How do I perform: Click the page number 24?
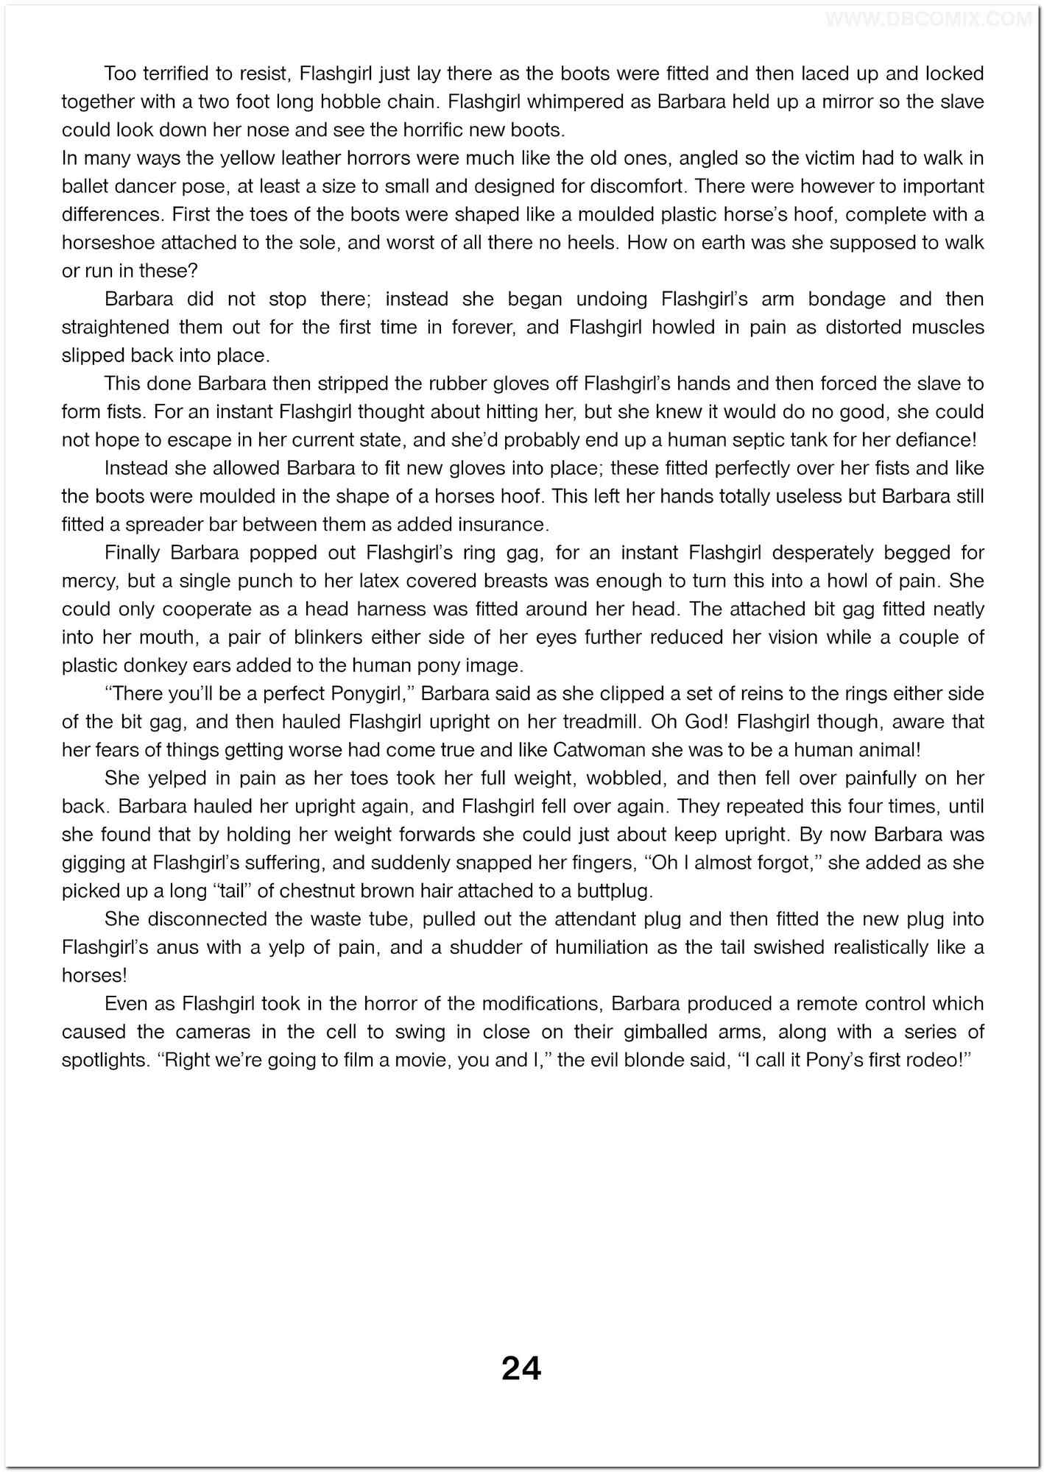click(521, 1368)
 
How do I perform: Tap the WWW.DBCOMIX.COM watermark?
click(928, 20)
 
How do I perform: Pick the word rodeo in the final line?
click(941, 1061)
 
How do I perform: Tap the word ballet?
click(84, 186)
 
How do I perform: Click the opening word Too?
click(120, 74)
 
